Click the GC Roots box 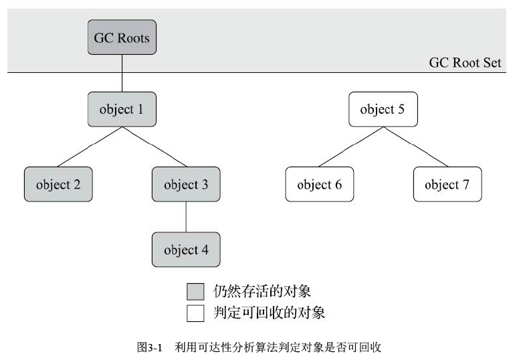pyautogui.click(x=122, y=37)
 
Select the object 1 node pyautogui.click(x=122, y=110)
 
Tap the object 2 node pyautogui.click(x=58, y=184)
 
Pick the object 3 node pyautogui.click(x=185, y=184)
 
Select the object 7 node pyautogui.click(x=447, y=184)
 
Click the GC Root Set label pyautogui.click(x=465, y=62)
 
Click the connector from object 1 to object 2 pyautogui.click(x=90, y=147)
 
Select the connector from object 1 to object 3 pyautogui.click(x=154, y=147)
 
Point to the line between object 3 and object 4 pyautogui.click(x=185, y=217)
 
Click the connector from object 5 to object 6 pyautogui.click(x=351, y=147)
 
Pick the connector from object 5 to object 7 pyautogui.click(x=415, y=147)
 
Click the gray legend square pyautogui.click(x=195, y=291)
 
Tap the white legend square pyautogui.click(x=195, y=312)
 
